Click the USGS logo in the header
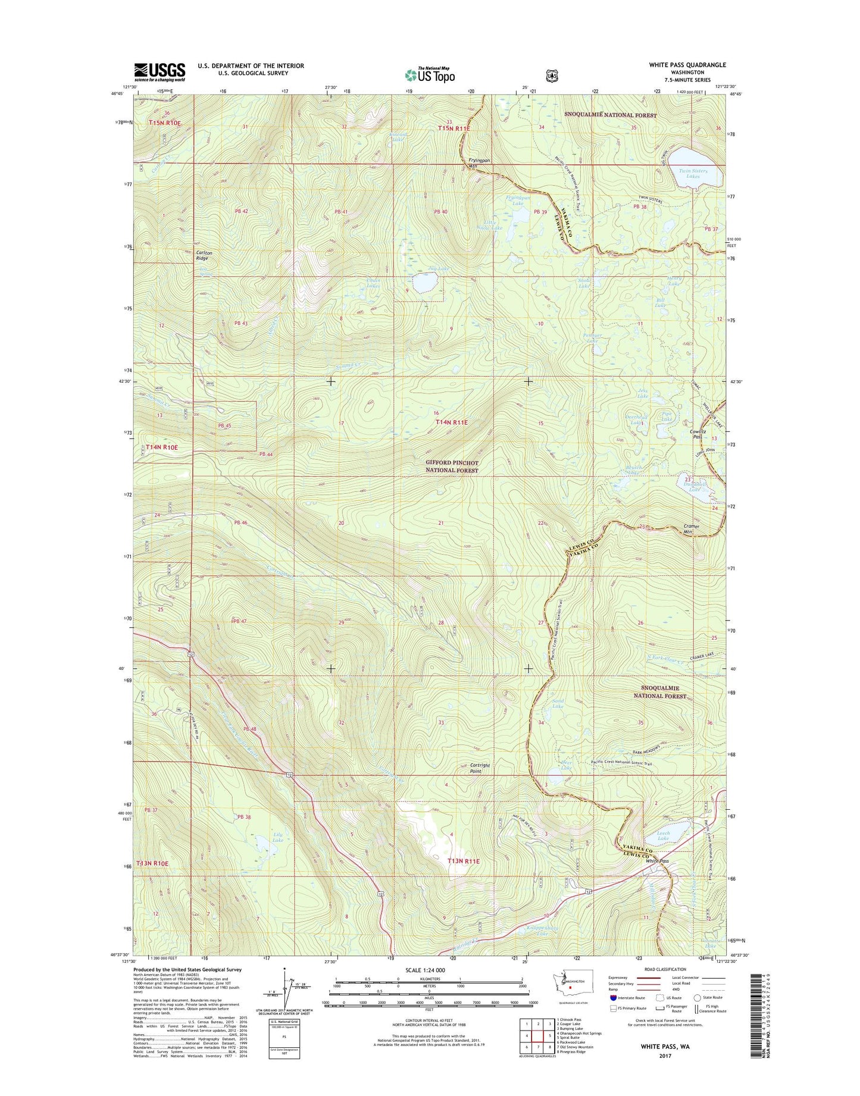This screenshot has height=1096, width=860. pyautogui.click(x=159, y=72)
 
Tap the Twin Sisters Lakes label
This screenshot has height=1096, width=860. pyautogui.click(x=693, y=174)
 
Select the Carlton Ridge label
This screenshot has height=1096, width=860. pyautogui.click(x=204, y=255)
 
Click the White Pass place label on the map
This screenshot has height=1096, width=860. pyautogui.click(x=657, y=861)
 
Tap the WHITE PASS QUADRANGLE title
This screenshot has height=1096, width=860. pyautogui.click(x=687, y=65)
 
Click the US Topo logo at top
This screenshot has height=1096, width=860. pyautogui.click(x=430, y=74)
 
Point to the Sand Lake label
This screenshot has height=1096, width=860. pyautogui.click(x=558, y=704)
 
